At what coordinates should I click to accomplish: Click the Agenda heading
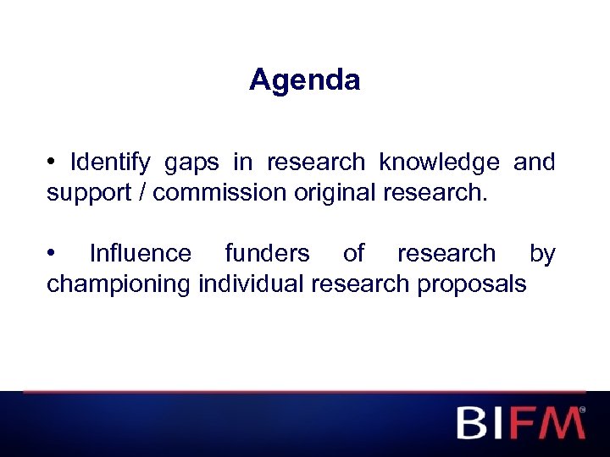pos(305,80)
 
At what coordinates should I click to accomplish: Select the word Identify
pos(110,162)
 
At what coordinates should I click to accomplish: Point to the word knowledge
pos(439,162)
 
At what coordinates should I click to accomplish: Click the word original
pos(335,192)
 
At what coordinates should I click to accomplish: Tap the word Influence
pos(140,253)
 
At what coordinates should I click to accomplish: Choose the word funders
pos(266,253)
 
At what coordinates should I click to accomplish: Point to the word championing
pos(119,284)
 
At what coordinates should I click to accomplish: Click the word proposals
pos(472,284)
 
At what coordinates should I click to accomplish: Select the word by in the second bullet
pos(542,253)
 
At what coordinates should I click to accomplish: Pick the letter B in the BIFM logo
pos(474,422)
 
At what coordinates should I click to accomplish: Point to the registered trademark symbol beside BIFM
pos(582,410)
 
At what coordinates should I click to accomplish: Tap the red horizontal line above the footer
pos(305,392)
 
